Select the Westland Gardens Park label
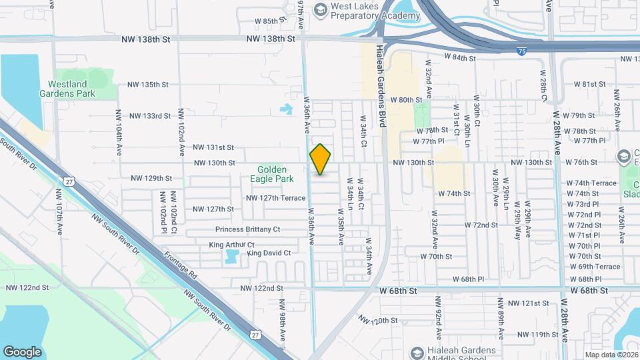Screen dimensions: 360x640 pos(71,89)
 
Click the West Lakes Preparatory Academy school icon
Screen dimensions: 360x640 pos(321,9)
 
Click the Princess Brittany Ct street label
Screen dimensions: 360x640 pos(247,229)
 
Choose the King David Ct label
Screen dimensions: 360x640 pos(269,253)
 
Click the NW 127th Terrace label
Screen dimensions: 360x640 pos(275,198)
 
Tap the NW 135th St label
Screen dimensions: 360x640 pos(149,85)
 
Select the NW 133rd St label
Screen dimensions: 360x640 pos(150,116)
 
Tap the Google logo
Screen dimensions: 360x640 pos(22,351)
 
